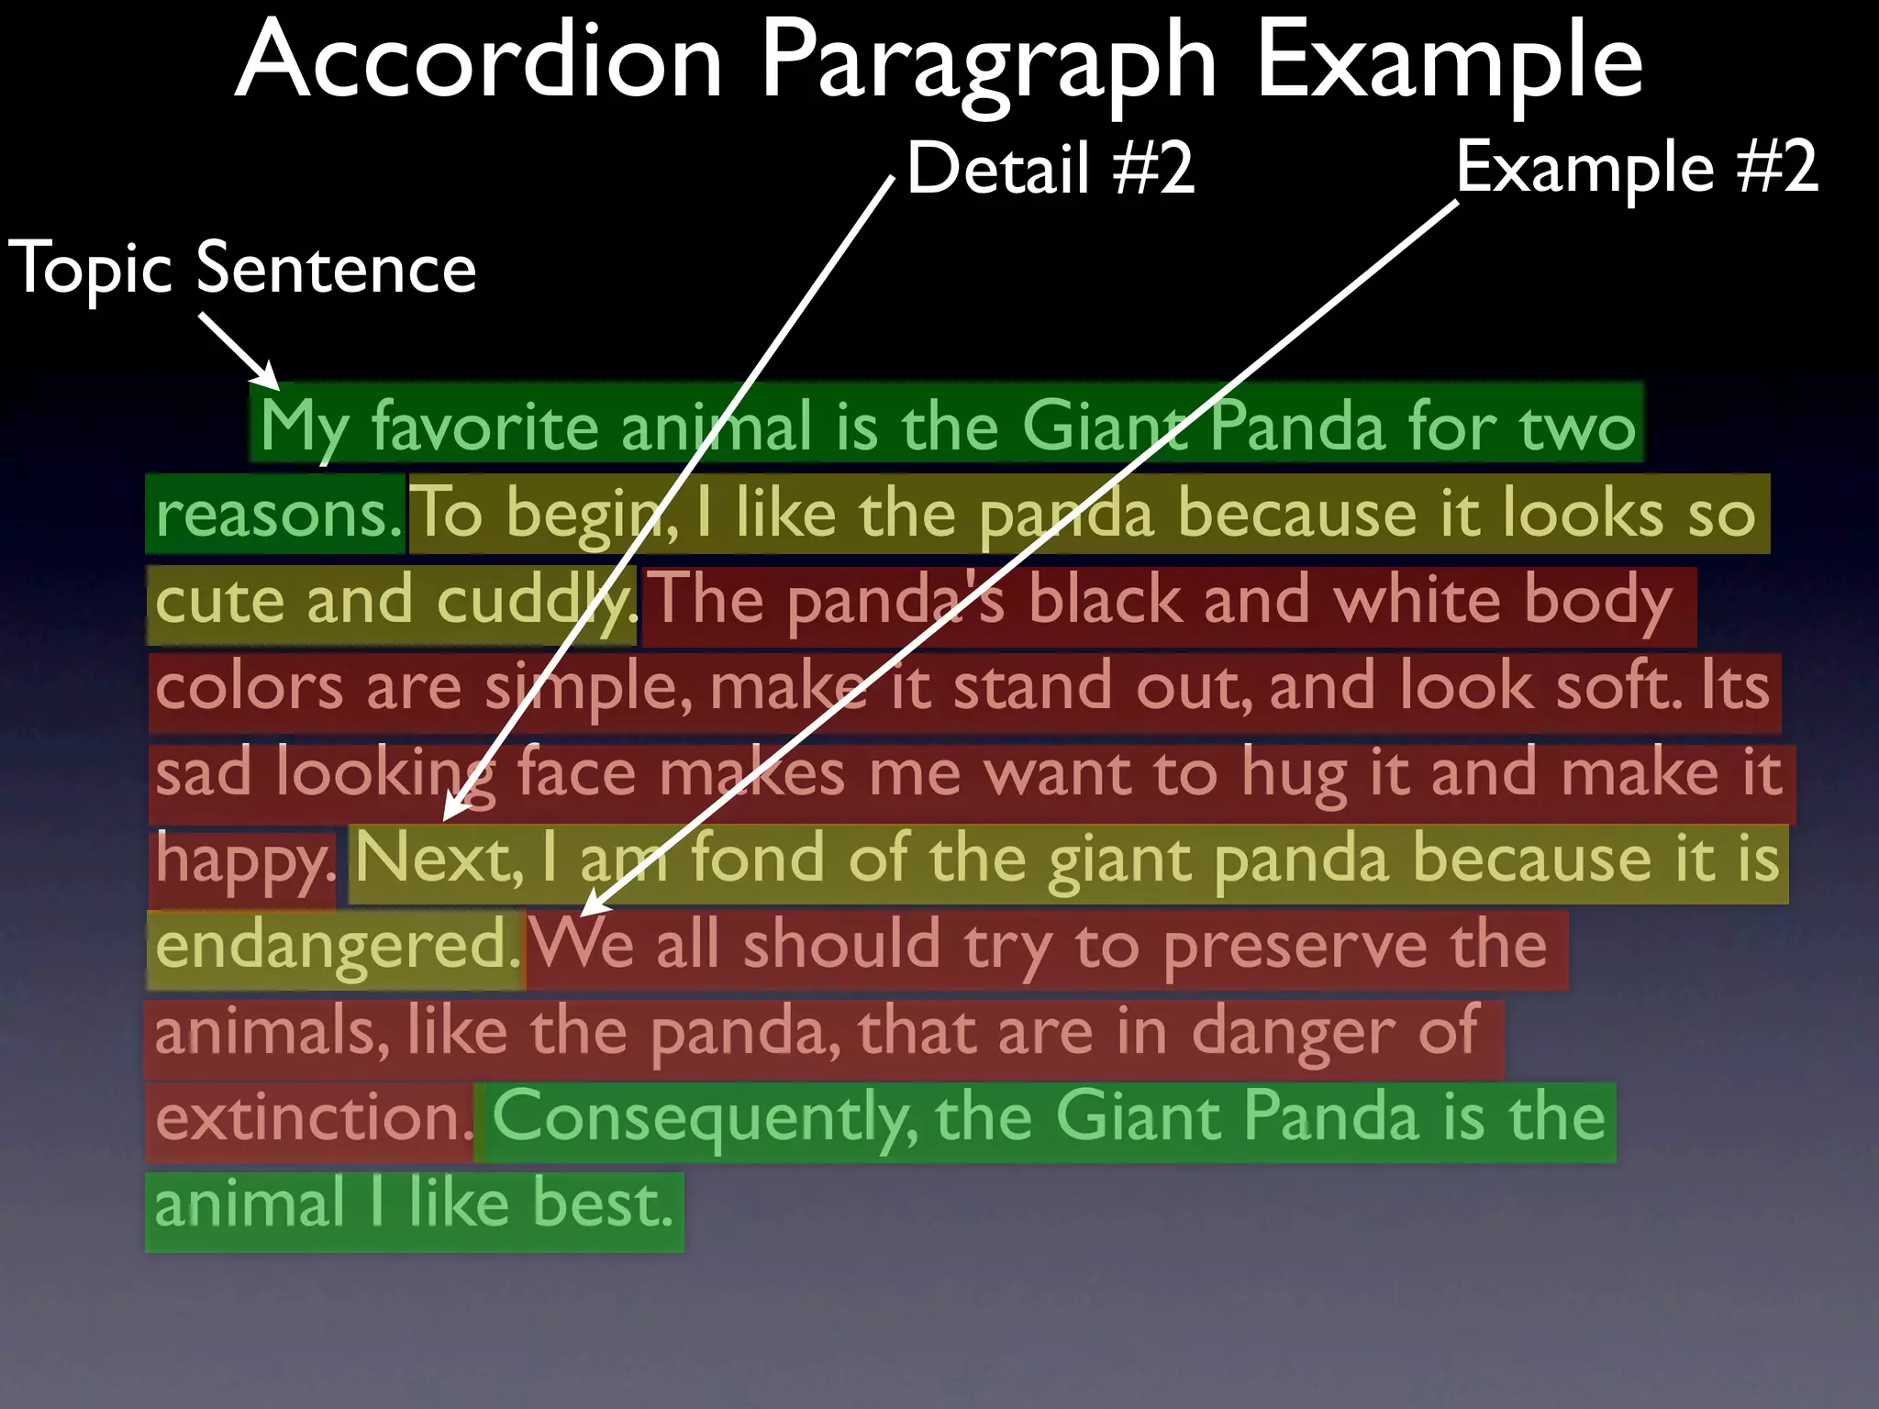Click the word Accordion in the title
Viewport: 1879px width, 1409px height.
tap(479, 62)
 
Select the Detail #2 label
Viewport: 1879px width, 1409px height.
tap(1051, 169)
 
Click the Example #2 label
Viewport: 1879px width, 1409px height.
tap(1636, 167)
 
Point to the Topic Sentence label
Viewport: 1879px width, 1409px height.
tap(242, 269)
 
